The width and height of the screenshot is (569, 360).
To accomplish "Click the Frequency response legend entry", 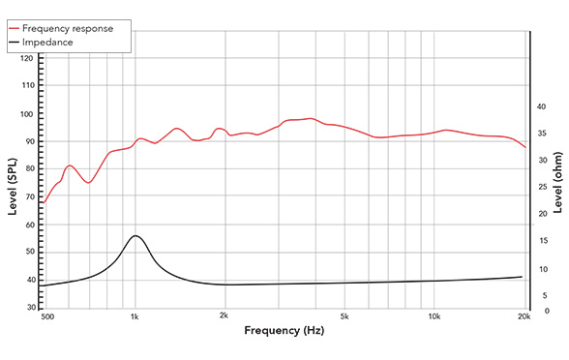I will pyautogui.click(x=72, y=29).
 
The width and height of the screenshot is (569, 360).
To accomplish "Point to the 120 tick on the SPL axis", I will pyautogui.click(x=26, y=58).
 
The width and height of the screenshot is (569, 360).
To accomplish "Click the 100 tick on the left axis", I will pyautogui.click(x=26, y=114).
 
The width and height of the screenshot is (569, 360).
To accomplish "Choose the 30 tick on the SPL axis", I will pyautogui.click(x=29, y=308).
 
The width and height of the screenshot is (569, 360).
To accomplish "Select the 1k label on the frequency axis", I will pyautogui.click(x=135, y=316).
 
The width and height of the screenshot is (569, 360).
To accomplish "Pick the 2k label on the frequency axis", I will pyautogui.click(x=225, y=316).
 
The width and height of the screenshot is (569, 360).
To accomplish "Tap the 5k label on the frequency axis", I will pyautogui.click(x=344, y=316).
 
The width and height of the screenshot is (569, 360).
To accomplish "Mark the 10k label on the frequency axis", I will pyautogui.click(x=434, y=316).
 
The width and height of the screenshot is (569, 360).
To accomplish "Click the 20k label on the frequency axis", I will pyautogui.click(x=524, y=316).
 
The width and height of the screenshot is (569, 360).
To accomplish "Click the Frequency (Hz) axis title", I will pyautogui.click(x=284, y=331).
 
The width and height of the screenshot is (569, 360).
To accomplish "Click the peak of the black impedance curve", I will pyautogui.click(x=135, y=236).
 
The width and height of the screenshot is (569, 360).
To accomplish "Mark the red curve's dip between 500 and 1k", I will pyautogui.click(x=89, y=182).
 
